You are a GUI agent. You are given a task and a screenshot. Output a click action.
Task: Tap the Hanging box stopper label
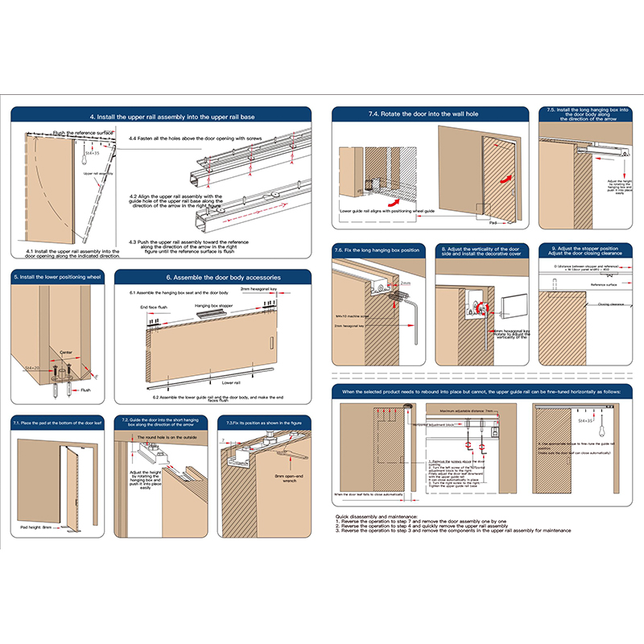[x=213, y=307]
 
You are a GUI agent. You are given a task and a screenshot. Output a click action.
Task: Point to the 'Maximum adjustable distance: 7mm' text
[x=467, y=411]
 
